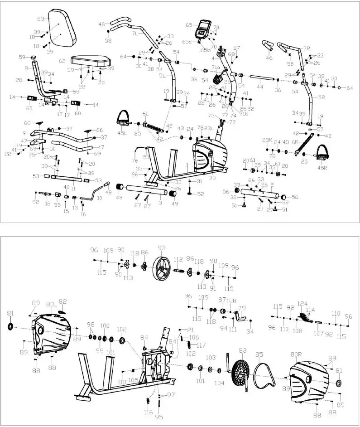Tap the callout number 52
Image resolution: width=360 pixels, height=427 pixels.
[x=201, y=194]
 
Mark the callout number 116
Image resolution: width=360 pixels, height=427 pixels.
[x=148, y=413]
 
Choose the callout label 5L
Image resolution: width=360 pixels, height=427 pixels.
[x=162, y=76]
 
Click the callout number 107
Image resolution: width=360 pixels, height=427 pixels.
[x=319, y=334]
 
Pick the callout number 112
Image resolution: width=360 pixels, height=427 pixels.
[x=178, y=259]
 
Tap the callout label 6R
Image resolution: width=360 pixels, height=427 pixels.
[x=295, y=142]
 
